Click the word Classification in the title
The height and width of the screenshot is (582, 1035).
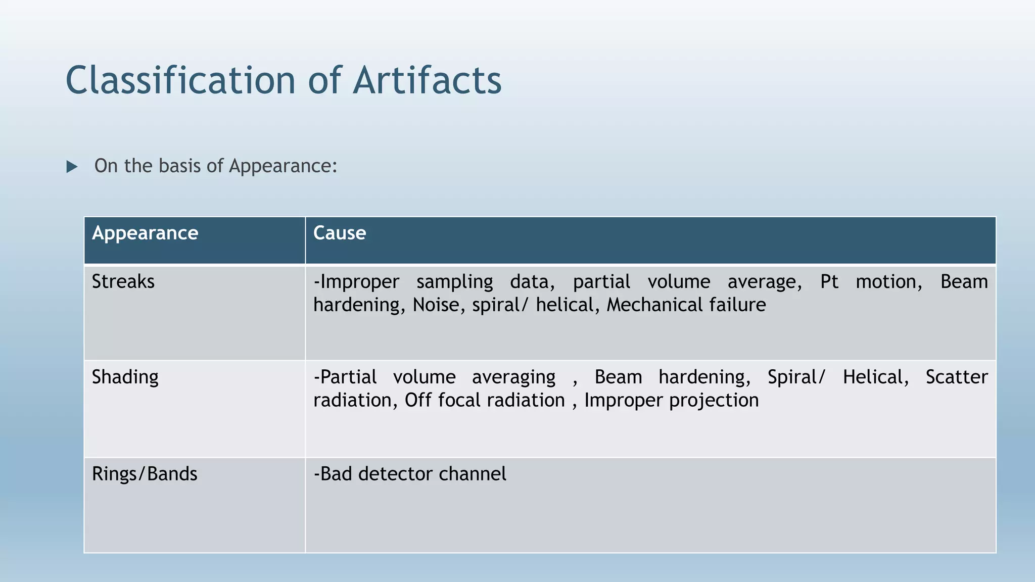(180, 81)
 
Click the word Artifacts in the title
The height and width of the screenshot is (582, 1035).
(427, 81)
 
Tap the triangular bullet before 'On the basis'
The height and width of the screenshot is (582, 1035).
(72, 167)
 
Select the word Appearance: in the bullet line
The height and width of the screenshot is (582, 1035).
(283, 166)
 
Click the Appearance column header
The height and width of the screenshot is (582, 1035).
(145, 233)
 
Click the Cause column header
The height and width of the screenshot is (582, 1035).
(340, 233)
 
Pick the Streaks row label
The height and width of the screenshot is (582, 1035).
(123, 282)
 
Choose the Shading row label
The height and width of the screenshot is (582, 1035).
(125, 377)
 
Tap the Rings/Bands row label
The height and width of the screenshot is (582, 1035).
(145, 474)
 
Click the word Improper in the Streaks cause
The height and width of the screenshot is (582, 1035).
(359, 282)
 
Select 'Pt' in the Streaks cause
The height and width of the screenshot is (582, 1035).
(829, 282)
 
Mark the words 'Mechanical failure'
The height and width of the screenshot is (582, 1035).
(686, 305)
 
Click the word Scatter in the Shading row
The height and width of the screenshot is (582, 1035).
(956, 377)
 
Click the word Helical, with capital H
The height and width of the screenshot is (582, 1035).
(875, 377)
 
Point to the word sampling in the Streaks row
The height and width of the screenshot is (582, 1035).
(454, 282)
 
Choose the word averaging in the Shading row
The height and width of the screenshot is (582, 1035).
(513, 377)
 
